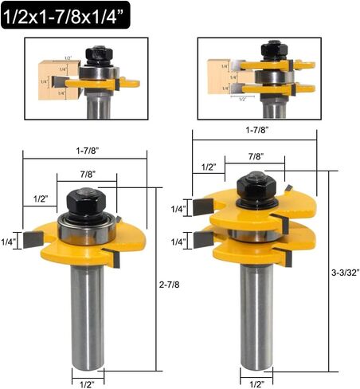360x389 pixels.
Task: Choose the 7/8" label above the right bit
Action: [x=256, y=157]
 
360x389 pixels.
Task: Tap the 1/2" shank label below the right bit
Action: [x=256, y=383]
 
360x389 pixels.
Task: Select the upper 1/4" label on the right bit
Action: [x=179, y=209]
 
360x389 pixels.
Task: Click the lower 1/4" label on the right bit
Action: [x=179, y=242]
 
